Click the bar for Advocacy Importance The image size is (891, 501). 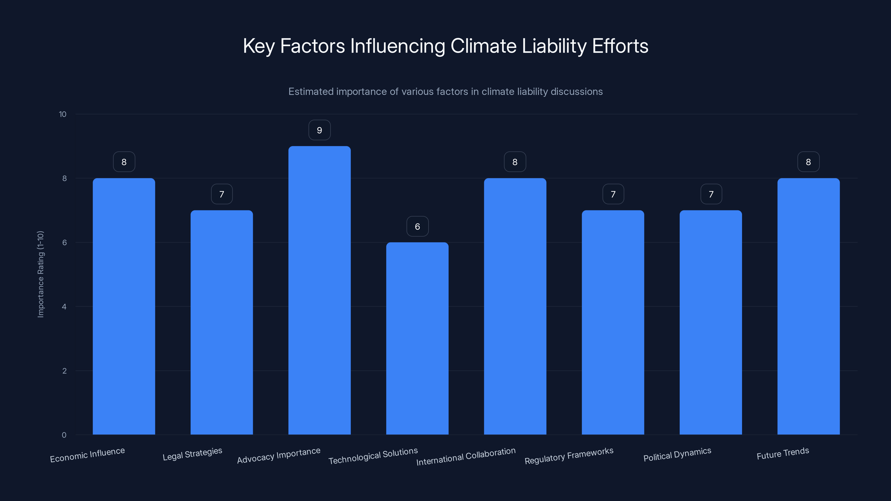click(319, 290)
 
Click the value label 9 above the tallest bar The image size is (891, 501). click(319, 130)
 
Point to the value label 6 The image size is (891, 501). click(417, 227)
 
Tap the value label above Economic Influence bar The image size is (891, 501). click(124, 162)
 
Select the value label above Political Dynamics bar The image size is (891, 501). click(711, 194)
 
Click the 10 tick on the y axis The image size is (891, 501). click(63, 114)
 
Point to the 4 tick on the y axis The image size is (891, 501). click(64, 307)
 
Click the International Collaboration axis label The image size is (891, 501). click(466, 456)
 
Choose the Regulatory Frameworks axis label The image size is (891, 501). click(569, 456)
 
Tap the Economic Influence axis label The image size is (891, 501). click(87, 455)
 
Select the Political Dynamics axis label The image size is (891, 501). click(677, 454)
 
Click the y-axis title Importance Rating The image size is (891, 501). click(40, 274)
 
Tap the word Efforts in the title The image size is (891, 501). click(620, 46)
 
